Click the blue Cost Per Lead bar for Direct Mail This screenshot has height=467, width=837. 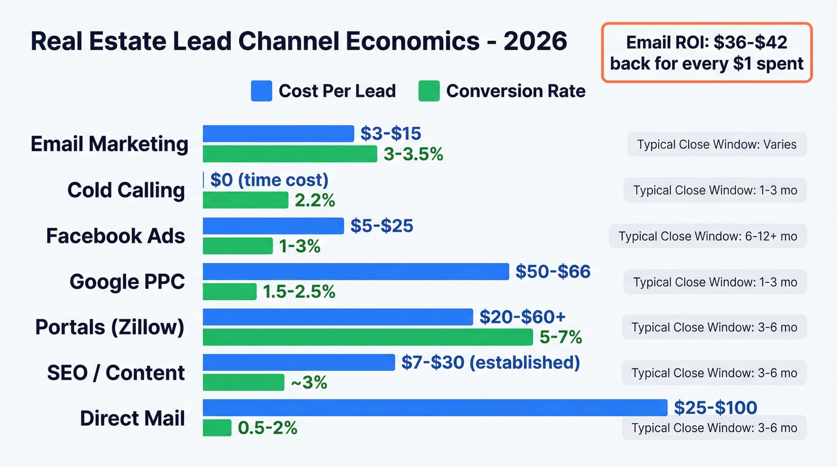pyautogui.click(x=435, y=408)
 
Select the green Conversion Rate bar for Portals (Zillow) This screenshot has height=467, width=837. pyautogui.click(x=368, y=337)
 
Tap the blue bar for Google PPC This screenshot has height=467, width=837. pyautogui.click(x=356, y=271)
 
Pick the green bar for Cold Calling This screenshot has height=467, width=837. pyautogui.click(x=246, y=200)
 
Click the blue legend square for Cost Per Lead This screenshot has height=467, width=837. pyautogui.click(x=261, y=91)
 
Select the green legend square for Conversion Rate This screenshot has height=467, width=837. pyautogui.click(x=429, y=91)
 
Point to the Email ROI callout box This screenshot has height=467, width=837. pyautogui.click(x=707, y=53)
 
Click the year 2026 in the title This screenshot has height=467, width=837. pyautogui.click(x=535, y=41)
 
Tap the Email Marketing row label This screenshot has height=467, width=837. pyautogui.click(x=109, y=144)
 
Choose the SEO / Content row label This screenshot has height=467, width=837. pyautogui.click(x=116, y=373)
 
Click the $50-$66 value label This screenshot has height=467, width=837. pyautogui.click(x=553, y=271)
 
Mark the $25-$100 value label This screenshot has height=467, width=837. pyautogui.click(x=715, y=408)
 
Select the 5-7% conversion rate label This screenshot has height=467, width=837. pyautogui.click(x=560, y=337)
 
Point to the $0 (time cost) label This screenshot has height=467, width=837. pyautogui.click(x=269, y=180)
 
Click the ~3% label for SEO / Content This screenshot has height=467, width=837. pyautogui.click(x=308, y=383)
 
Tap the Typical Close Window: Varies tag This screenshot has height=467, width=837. pyautogui.click(x=716, y=144)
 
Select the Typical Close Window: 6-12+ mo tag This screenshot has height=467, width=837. pyautogui.click(x=707, y=236)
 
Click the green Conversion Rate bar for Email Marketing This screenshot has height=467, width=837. pyautogui.click(x=290, y=154)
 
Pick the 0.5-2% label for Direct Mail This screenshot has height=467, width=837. pyautogui.click(x=267, y=428)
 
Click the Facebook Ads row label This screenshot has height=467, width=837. pyautogui.click(x=115, y=236)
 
